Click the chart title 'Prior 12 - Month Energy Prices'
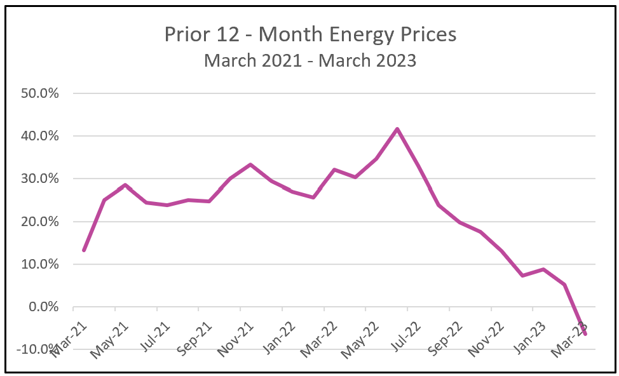[310, 34]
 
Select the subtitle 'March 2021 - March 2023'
[310, 60]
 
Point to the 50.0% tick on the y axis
[40, 93]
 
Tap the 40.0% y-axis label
[40, 136]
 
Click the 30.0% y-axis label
[40, 179]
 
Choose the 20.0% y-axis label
[40, 222]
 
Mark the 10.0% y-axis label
[40, 264]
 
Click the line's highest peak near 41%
[397, 130]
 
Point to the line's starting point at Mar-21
[84, 250]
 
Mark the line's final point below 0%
[585, 334]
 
